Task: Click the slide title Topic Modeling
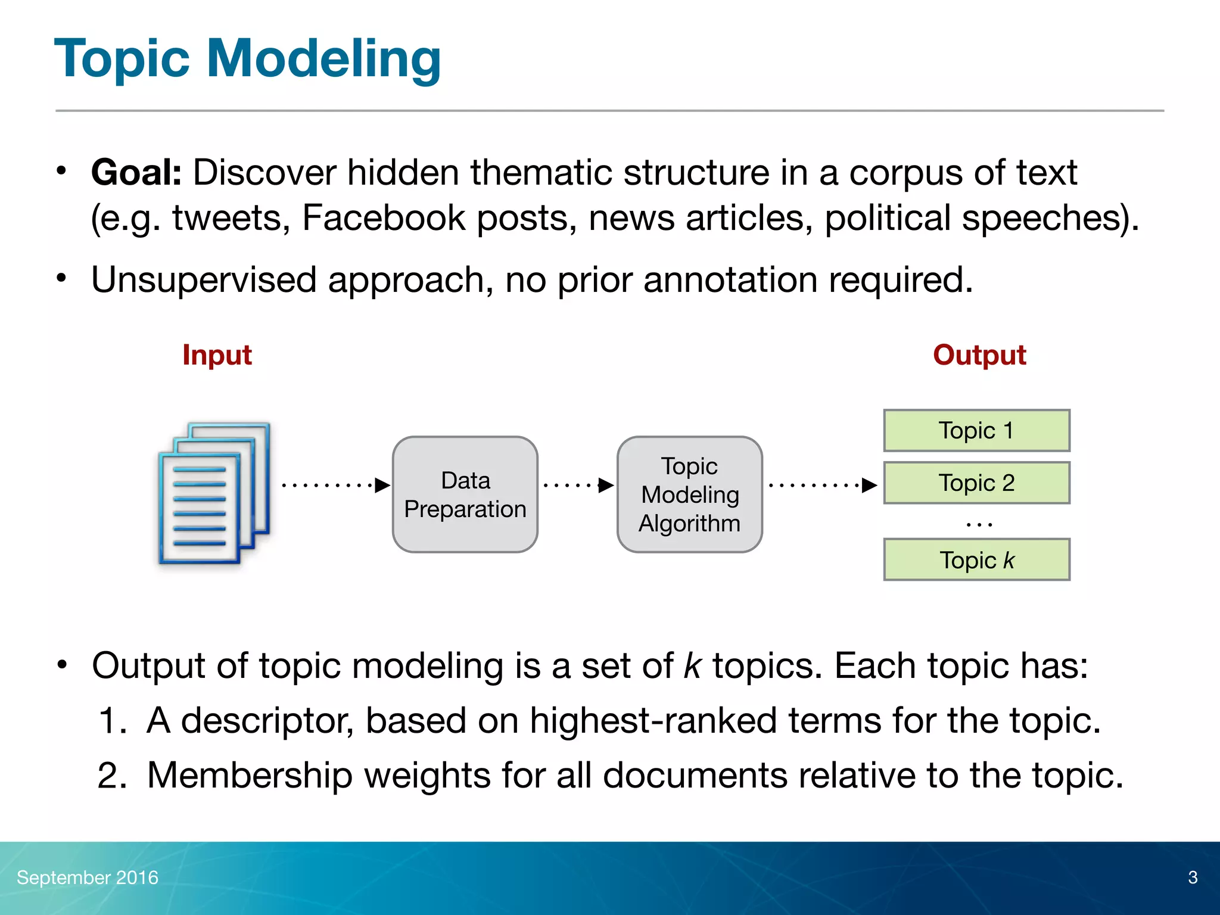coord(247,58)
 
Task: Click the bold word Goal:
coord(136,173)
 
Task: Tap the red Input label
coord(217,355)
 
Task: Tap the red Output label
coord(979,355)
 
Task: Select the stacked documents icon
coord(213,493)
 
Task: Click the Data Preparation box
coord(465,494)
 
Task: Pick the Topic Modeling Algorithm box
coord(689,494)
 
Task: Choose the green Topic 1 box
coord(976,430)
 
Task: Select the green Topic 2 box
coord(976,483)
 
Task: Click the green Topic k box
coord(976,560)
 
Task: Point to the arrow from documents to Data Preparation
coord(335,485)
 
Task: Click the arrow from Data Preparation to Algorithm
coord(578,485)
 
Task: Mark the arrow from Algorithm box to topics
coord(822,485)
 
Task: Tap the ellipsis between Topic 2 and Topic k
coord(978,524)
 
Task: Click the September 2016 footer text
coord(88,877)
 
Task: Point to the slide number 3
coord(1192,877)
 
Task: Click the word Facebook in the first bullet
coord(383,218)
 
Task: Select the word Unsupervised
coord(203,280)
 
